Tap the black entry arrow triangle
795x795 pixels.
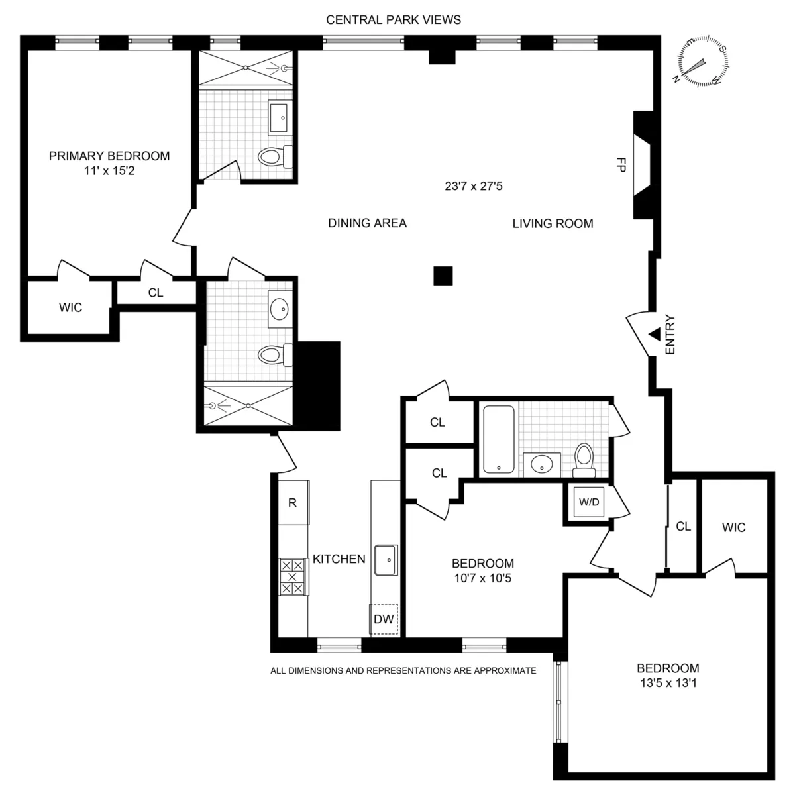(x=654, y=335)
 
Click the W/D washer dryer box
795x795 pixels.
(x=588, y=502)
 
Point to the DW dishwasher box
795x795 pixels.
(x=384, y=619)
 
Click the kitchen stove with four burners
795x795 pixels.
(x=293, y=576)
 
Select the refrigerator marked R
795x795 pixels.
(x=292, y=502)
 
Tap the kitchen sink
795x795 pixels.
(x=385, y=560)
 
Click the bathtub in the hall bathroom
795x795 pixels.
(x=497, y=439)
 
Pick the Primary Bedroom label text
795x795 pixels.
(x=109, y=156)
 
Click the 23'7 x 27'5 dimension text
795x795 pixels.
(x=474, y=186)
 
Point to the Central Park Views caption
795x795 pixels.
(x=394, y=19)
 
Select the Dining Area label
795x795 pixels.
(x=367, y=223)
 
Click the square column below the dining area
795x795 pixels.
(x=443, y=276)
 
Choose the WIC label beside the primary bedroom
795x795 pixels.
(x=71, y=307)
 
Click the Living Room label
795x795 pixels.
(x=553, y=223)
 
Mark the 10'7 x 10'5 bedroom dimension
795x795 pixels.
(x=482, y=578)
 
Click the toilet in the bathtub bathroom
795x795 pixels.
(x=584, y=459)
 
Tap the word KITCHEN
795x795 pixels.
(x=339, y=559)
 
